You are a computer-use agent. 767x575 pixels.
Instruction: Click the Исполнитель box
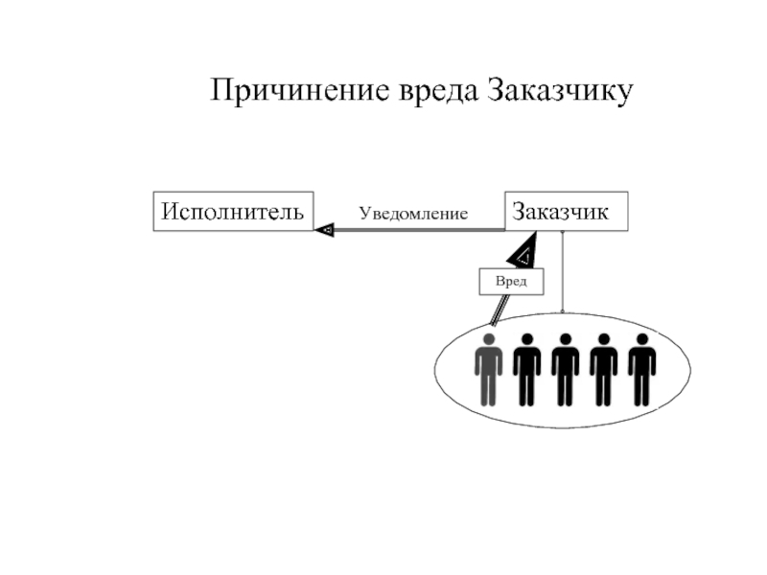[233, 211]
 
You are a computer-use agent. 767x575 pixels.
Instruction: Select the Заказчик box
[566, 211]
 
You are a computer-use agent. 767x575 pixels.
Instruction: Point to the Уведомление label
[413, 214]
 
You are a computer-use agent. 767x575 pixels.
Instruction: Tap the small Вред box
[511, 281]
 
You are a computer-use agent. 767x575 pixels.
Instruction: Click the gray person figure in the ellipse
[489, 369]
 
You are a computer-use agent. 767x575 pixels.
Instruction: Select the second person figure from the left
[526, 369]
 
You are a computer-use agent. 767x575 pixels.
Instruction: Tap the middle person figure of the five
[565, 369]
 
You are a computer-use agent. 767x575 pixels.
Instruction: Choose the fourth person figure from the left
[603, 369]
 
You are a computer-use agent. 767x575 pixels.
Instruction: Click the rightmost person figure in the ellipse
[641, 369]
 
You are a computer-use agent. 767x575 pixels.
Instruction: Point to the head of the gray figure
[489, 339]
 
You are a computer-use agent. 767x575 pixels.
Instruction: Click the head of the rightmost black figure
[641, 339]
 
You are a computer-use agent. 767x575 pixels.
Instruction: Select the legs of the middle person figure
[565, 388]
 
